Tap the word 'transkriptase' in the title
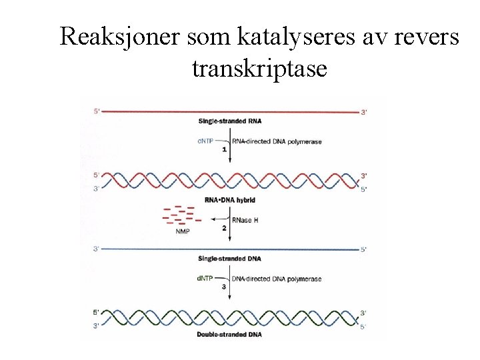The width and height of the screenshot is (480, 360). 259,67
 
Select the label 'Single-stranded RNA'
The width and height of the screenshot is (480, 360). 230,121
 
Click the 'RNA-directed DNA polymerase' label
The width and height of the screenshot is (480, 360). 267,141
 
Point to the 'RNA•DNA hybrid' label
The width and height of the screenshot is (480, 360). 230,199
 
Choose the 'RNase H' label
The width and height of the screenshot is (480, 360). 246,220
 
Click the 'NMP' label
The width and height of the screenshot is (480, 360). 182,231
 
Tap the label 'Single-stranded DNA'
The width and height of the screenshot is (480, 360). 230,258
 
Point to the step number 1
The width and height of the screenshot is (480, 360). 225,149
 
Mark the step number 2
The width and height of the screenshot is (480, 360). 225,228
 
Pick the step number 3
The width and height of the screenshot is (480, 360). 225,287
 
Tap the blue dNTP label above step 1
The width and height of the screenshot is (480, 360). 206,141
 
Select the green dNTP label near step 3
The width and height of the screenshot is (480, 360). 206,279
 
